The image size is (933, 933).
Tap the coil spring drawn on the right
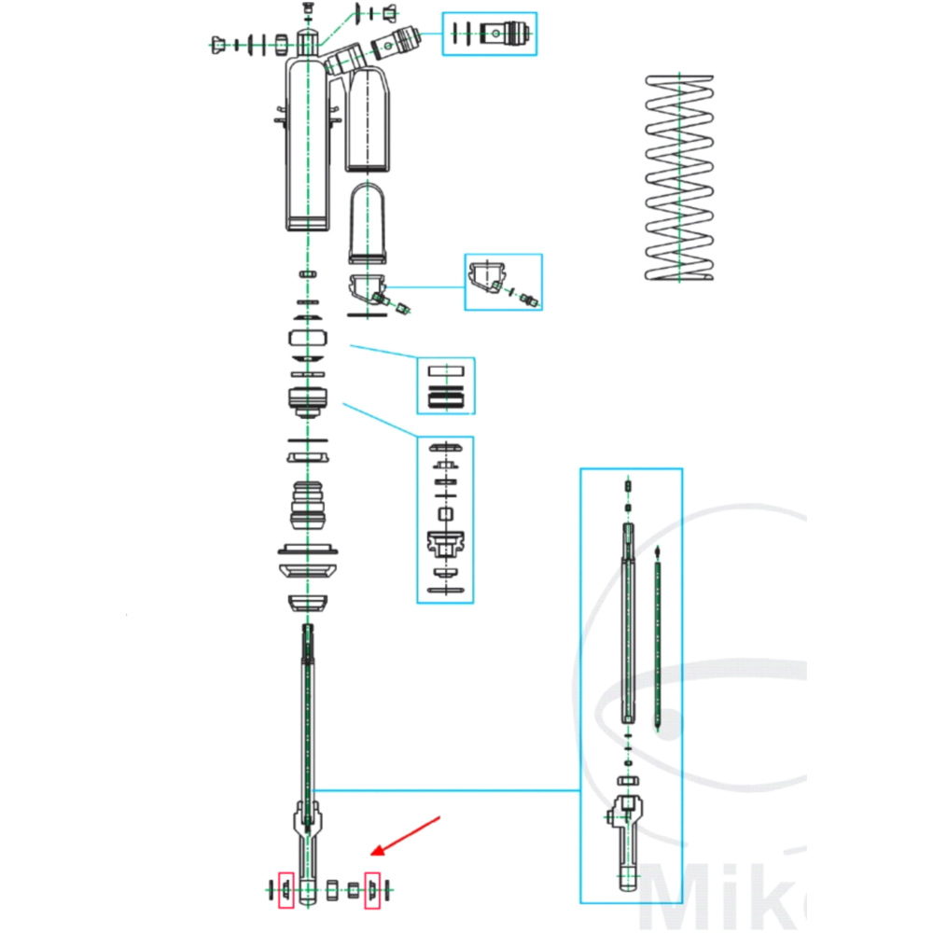[681, 177]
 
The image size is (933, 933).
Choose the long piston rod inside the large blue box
[629, 625]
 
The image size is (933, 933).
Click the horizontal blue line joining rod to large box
[448, 791]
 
